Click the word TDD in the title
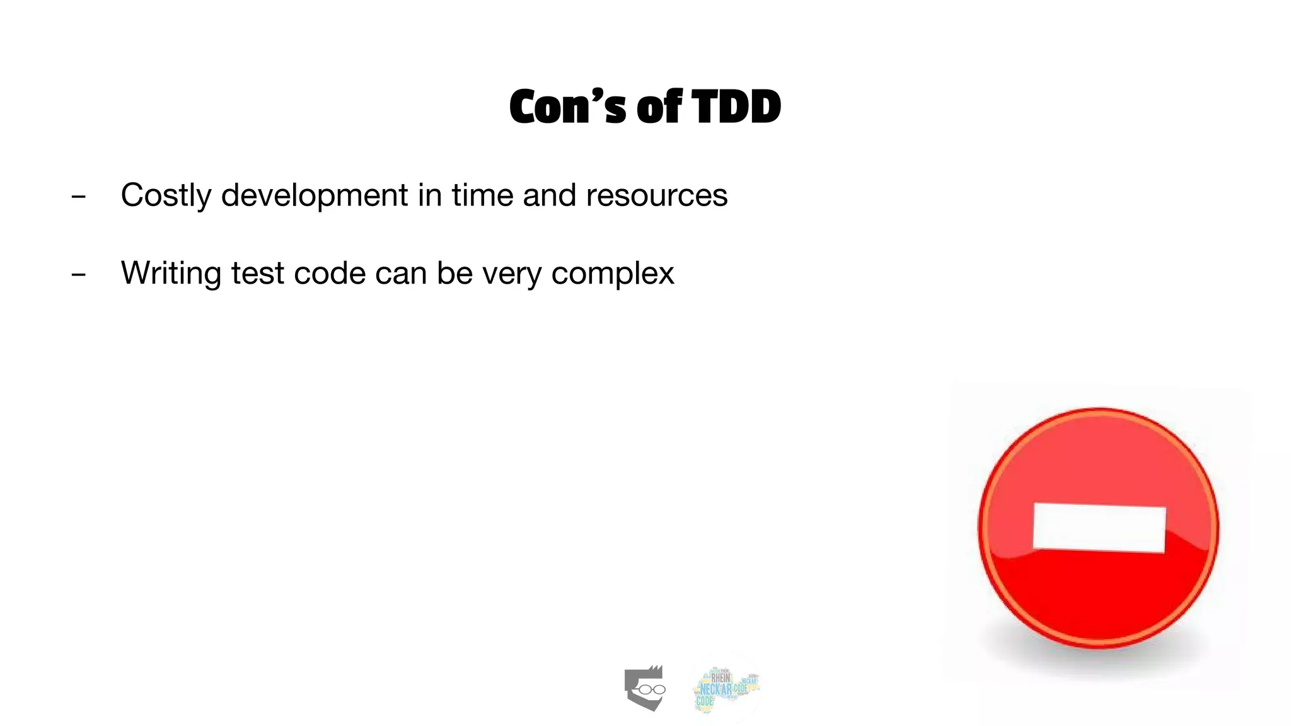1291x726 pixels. (736, 107)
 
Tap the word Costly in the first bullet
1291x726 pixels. (165, 195)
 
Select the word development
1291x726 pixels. (314, 195)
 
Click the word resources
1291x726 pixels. (656, 195)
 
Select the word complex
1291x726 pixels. (612, 274)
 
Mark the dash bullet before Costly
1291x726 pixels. (78, 197)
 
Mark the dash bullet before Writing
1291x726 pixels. (78, 275)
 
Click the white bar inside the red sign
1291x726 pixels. (1099, 528)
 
